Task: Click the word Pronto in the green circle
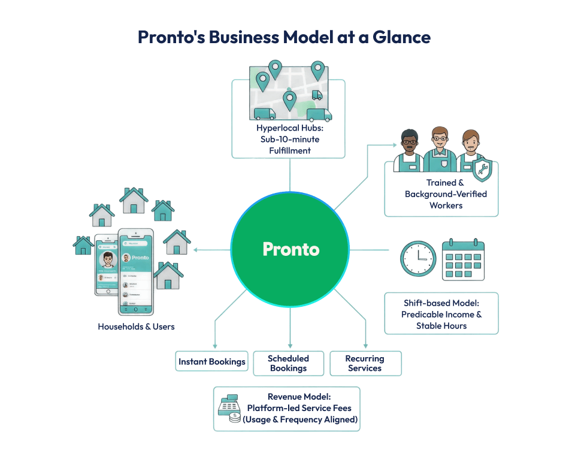[x=291, y=249]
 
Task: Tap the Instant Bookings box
[x=212, y=362]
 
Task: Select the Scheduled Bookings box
[x=289, y=363]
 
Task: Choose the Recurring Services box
[x=365, y=363]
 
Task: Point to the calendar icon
[x=464, y=259]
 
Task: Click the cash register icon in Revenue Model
[x=228, y=407]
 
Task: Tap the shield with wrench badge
[x=482, y=170]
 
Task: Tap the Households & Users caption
[x=136, y=327]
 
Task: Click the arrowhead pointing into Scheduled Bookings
[x=290, y=346]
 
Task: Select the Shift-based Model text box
[x=441, y=314]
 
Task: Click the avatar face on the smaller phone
[x=108, y=260]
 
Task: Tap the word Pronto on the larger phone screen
[x=140, y=258]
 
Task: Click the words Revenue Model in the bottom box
[x=293, y=397]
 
